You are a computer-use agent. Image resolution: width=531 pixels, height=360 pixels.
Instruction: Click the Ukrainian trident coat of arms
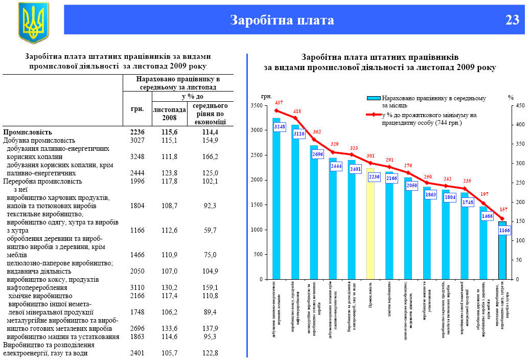pyautogui.click(x=33, y=22)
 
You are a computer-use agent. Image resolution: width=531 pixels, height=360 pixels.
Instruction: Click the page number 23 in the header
pyautogui.click(x=512, y=20)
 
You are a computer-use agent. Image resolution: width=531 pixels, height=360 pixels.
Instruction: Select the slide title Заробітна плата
pyautogui.click(x=282, y=20)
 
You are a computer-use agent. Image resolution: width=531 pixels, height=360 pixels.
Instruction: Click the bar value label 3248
pyautogui.click(x=280, y=126)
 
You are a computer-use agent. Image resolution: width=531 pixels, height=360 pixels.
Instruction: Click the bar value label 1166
pyautogui.click(x=504, y=231)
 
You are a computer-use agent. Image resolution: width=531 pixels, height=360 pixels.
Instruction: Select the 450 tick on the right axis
pyautogui.click(x=519, y=106)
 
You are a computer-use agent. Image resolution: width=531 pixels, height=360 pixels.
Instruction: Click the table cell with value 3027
pyautogui.click(x=137, y=140)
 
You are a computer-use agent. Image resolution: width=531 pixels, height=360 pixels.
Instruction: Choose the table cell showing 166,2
pyautogui.click(x=210, y=156)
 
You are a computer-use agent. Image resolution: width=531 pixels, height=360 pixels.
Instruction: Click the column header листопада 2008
pyautogui.click(x=169, y=114)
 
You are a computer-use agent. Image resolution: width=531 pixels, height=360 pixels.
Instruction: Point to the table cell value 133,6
pyautogui.click(x=169, y=328)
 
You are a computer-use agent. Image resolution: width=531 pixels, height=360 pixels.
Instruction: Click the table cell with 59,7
pyautogui.click(x=210, y=230)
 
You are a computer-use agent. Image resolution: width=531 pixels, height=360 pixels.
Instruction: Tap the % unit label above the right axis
pyautogui.click(x=511, y=97)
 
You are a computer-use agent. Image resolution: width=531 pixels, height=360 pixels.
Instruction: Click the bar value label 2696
pyautogui.click(x=317, y=153)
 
